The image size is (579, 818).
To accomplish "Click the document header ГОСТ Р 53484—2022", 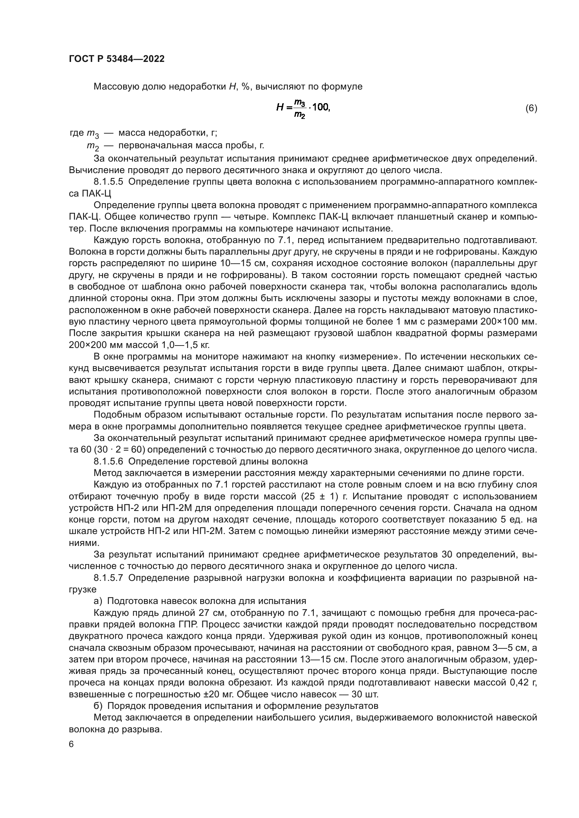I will pos(117,59).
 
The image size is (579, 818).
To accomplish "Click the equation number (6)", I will pos(531,108).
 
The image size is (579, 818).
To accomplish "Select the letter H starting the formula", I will pos(280,108).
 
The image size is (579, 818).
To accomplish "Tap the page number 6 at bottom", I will pos(71,745).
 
